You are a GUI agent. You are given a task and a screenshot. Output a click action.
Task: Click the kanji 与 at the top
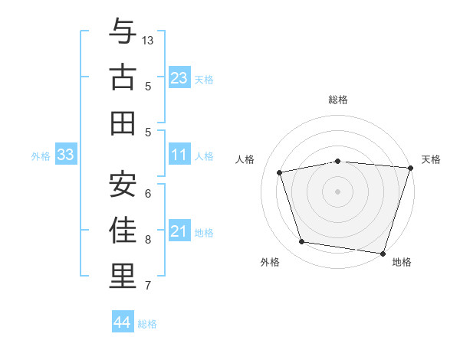tap(123, 32)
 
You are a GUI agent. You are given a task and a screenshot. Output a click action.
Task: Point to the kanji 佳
tap(123, 229)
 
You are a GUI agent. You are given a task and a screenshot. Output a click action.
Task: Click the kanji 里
tap(123, 276)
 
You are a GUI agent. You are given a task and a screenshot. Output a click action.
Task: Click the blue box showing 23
tap(179, 78)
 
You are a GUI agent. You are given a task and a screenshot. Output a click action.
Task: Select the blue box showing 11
tap(179, 155)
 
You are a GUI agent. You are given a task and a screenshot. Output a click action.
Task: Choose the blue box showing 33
tap(65, 155)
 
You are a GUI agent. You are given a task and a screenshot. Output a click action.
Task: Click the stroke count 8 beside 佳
tap(148, 239)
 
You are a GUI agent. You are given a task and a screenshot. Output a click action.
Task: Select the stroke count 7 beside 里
tap(148, 286)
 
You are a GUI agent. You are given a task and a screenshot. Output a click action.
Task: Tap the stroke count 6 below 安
tap(148, 193)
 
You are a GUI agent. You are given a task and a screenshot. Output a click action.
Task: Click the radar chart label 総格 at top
tap(337, 100)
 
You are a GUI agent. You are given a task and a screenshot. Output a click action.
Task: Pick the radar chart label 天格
tap(431, 159)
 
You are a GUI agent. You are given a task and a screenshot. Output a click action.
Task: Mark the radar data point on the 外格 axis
tap(302, 242)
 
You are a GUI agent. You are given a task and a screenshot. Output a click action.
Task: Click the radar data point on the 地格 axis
tap(383, 253)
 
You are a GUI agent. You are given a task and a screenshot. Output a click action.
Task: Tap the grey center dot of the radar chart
tap(337, 191)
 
